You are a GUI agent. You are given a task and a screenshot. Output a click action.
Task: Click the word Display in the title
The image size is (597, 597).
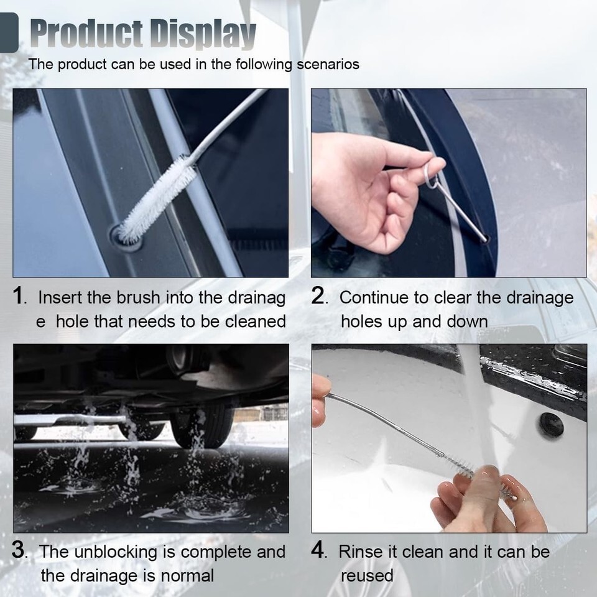click(x=203, y=34)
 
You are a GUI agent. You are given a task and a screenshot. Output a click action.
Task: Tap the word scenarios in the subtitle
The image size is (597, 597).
click(x=328, y=64)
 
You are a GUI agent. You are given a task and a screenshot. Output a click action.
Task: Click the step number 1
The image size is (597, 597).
click(x=18, y=295)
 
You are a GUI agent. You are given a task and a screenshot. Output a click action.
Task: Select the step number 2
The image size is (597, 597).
click(x=318, y=295)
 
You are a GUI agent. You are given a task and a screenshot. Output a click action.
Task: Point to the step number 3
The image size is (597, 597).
click(x=19, y=550)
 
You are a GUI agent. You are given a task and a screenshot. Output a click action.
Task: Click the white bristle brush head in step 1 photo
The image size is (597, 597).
click(x=157, y=200)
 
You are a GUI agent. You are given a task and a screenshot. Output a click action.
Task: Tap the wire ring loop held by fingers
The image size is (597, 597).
click(x=432, y=175)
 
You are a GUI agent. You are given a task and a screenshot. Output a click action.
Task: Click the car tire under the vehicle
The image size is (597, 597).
click(x=202, y=425)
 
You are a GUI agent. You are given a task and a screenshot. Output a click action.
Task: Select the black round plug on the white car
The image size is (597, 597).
click(x=552, y=425)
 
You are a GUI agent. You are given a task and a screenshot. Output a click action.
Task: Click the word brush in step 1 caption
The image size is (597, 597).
click(x=138, y=298)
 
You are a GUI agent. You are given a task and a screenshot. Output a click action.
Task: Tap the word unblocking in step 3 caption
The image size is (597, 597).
click(x=124, y=552)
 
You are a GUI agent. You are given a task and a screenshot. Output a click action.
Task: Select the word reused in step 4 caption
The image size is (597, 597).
click(x=367, y=576)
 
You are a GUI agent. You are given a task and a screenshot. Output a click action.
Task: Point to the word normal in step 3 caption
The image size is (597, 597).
click(x=187, y=576)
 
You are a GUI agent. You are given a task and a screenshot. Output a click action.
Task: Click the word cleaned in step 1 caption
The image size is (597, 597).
click(x=256, y=322)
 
